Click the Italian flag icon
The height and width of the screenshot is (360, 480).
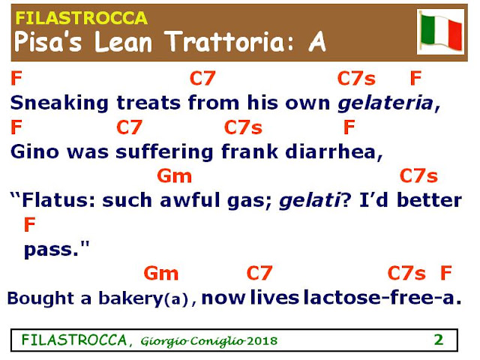(441, 31)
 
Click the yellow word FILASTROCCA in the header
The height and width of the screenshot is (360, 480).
(82, 18)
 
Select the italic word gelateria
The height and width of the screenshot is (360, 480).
(385, 103)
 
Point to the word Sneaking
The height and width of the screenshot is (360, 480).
(59, 103)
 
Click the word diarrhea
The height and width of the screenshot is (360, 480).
(331, 151)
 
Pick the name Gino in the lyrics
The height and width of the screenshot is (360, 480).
(34, 151)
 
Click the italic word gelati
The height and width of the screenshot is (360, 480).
(310, 201)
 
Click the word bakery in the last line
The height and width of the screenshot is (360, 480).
(130, 298)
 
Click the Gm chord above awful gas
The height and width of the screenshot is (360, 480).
(175, 176)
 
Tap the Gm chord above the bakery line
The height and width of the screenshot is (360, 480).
(161, 273)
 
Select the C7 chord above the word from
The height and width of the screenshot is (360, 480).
(202, 78)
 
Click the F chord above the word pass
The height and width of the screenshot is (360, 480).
(30, 225)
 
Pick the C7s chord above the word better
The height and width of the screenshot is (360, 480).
(418, 176)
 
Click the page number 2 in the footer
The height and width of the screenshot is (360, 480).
(439, 340)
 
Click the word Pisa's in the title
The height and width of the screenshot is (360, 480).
(48, 41)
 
